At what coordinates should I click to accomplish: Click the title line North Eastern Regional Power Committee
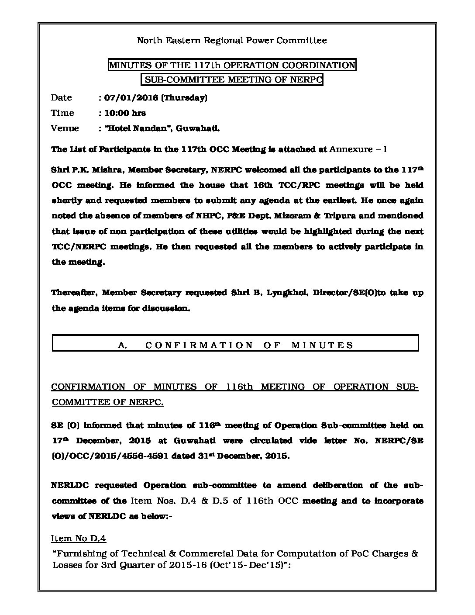232,41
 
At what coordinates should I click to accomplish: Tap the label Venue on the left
65,128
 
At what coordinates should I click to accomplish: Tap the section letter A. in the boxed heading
122,345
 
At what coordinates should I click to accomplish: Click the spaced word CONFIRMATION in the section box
199,345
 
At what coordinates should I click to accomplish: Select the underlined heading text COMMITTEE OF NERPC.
107,402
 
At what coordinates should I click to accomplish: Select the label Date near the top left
62,98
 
